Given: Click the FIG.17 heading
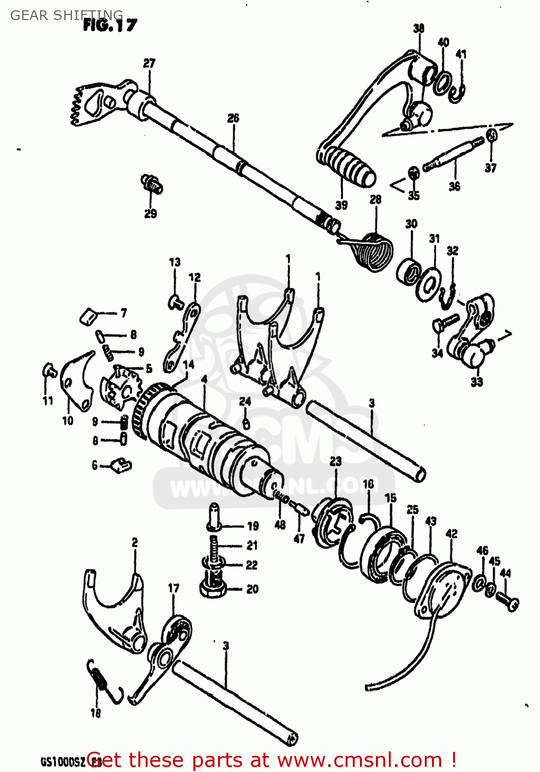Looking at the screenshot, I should (x=110, y=25).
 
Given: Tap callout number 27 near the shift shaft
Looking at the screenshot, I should (x=149, y=63).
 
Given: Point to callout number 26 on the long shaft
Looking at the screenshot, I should (x=233, y=118).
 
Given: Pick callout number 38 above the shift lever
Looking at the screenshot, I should (x=419, y=28).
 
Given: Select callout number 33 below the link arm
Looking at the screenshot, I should (x=477, y=382).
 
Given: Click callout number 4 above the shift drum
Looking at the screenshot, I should (x=204, y=379).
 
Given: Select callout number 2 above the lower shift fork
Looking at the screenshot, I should (x=135, y=542).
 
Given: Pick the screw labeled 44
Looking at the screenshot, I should (x=508, y=602).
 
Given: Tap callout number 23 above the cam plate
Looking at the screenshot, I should (x=335, y=462).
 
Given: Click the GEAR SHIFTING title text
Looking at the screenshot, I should (x=66, y=15).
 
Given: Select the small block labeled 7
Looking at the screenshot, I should (x=89, y=316).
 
